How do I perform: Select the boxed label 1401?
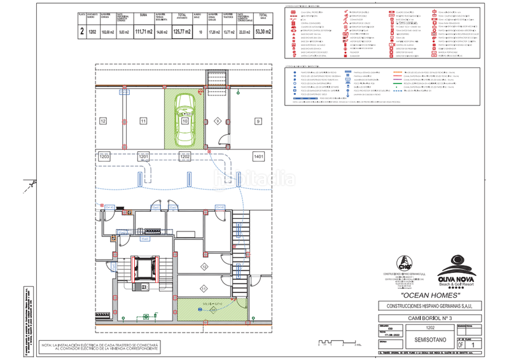click(258, 156)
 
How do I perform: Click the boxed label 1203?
click(104, 156)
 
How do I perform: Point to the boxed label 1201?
click(144, 156)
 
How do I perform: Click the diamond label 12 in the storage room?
click(204, 266)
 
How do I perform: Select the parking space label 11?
click(144, 120)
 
